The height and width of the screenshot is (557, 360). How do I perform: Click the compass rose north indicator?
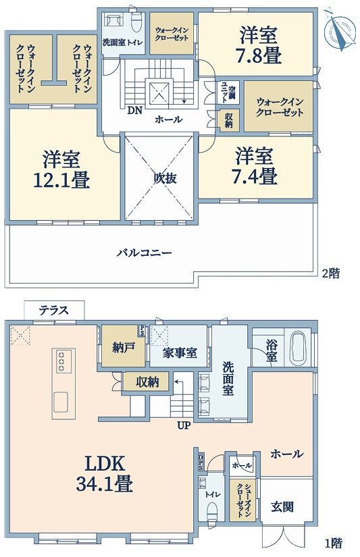click(340, 30)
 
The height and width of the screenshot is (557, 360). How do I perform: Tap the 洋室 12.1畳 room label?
click(61, 169)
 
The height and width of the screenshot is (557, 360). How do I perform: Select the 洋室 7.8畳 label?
click(259, 45)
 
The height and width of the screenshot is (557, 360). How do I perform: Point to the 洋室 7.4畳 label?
click(255, 166)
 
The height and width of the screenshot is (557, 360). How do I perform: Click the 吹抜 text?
click(165, 178)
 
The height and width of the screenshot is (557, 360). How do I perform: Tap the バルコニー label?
click(145, 253)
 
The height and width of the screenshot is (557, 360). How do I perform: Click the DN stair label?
click(135, 111)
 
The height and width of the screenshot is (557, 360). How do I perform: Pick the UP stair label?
click(184, 425)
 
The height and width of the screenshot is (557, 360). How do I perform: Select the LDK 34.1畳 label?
click(105, 473)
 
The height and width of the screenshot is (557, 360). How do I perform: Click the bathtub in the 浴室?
click(297, 348)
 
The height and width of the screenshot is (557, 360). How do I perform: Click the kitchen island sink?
click(61, 402)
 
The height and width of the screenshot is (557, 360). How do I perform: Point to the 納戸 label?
click(123, 348)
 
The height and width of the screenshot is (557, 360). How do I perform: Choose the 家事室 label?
click(180, 353)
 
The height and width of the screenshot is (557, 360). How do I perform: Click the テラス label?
click(54, 310)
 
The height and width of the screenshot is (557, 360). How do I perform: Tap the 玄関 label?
click(282, 506)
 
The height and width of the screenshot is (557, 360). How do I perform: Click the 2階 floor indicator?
click(330, 273)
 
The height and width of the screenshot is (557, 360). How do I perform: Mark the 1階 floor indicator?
click(334, 543)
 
